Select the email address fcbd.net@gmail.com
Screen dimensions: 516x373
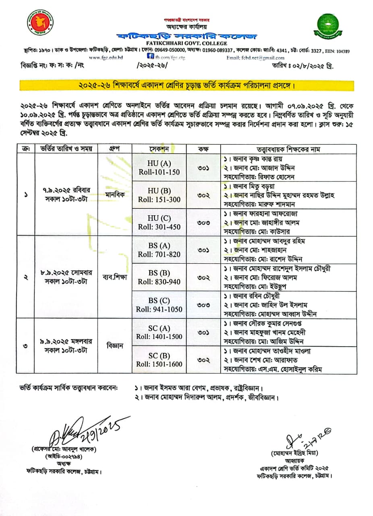point(255,58)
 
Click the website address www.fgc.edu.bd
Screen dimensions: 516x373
point(106,58)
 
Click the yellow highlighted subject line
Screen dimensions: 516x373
point(186,86)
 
